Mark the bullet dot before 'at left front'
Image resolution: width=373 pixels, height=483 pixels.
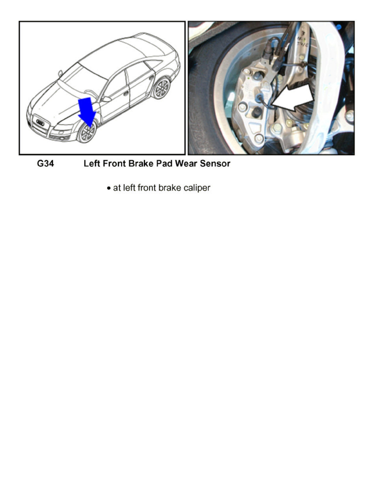109,189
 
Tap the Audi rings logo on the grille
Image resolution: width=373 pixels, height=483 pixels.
40,122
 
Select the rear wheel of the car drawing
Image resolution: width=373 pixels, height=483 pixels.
162,87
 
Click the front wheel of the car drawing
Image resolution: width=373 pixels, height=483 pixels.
87,132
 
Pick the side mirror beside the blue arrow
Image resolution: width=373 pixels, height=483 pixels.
106,99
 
